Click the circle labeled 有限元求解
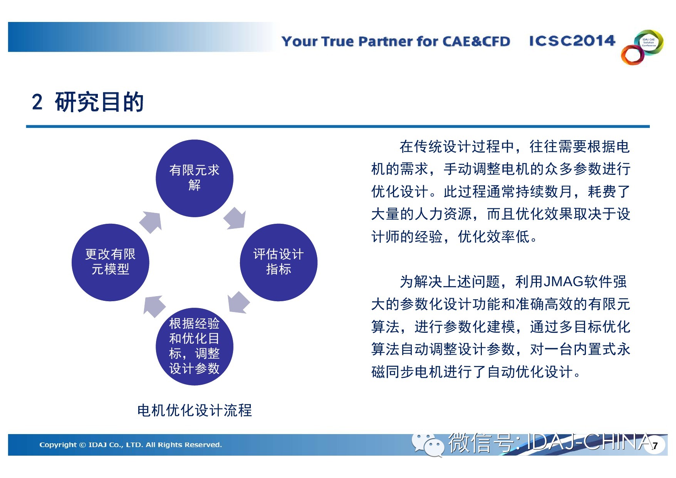point(195,178)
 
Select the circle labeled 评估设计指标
point(278,262)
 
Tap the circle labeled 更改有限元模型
point(111,262)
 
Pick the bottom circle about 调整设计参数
point(195,346)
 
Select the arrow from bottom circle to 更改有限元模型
point(154,306)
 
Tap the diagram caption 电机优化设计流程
point(195,410)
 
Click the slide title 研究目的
point(99,102)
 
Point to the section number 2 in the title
point(37,102)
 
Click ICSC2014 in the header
point(572,41)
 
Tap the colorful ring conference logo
point(642,47)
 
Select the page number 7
point(655,446)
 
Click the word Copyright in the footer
point(58,445)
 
